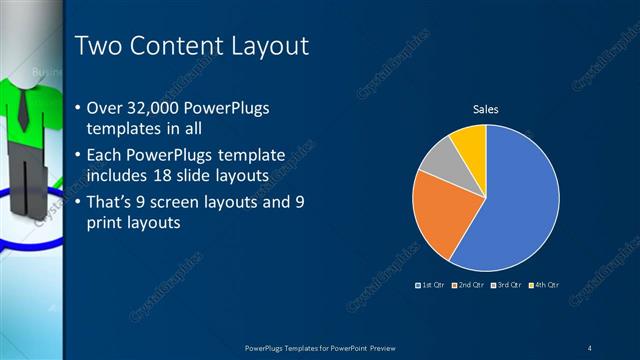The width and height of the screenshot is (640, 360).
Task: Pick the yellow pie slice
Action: [469, 141]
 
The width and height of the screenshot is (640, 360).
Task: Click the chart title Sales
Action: [485, 109]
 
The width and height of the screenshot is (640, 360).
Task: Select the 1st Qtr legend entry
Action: [432, 286]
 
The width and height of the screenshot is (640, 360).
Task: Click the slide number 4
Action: [589, 347]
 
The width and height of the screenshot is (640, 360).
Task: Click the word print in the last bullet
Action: [107, 223]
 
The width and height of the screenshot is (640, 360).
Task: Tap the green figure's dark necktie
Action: [22, 110]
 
